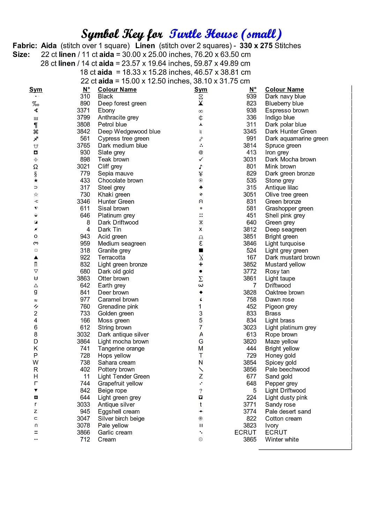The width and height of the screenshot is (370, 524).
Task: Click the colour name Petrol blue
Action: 112,124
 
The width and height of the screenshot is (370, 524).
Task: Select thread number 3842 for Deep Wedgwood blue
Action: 83,131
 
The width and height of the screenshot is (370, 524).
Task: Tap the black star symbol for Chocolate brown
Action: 36,181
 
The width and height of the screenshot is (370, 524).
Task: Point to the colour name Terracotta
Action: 111,257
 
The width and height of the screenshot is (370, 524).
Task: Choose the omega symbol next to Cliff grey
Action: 36,167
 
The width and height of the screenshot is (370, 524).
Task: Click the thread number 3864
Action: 83,341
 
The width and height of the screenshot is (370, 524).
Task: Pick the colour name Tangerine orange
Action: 121,348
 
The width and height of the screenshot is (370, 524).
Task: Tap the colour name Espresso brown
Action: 287,110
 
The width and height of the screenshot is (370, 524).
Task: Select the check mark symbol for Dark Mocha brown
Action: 201,159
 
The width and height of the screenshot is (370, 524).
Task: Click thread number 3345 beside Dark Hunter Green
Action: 250,131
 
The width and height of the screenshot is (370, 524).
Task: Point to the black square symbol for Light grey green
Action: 201,250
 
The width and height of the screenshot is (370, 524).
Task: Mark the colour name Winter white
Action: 282,439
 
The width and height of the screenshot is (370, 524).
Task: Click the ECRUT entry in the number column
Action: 245,432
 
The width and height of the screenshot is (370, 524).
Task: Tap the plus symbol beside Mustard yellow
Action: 201,264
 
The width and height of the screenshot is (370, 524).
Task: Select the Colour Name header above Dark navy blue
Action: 284,89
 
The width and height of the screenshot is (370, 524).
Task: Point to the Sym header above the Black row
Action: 36,89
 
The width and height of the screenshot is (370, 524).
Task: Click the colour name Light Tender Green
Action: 124,376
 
